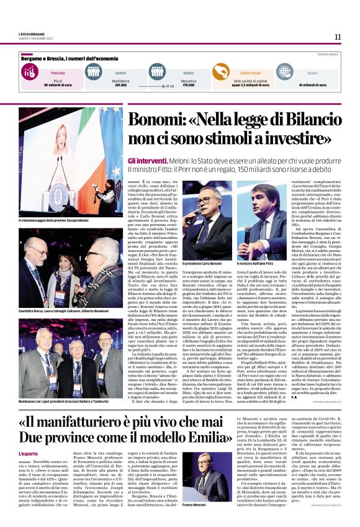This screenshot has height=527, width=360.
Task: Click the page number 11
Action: (x=337, y=37)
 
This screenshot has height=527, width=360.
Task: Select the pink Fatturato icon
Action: (x=28, y=72)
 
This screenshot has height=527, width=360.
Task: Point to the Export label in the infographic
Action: (x=312, y=73)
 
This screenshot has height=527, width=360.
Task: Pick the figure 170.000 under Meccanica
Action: (x=188, y=84)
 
